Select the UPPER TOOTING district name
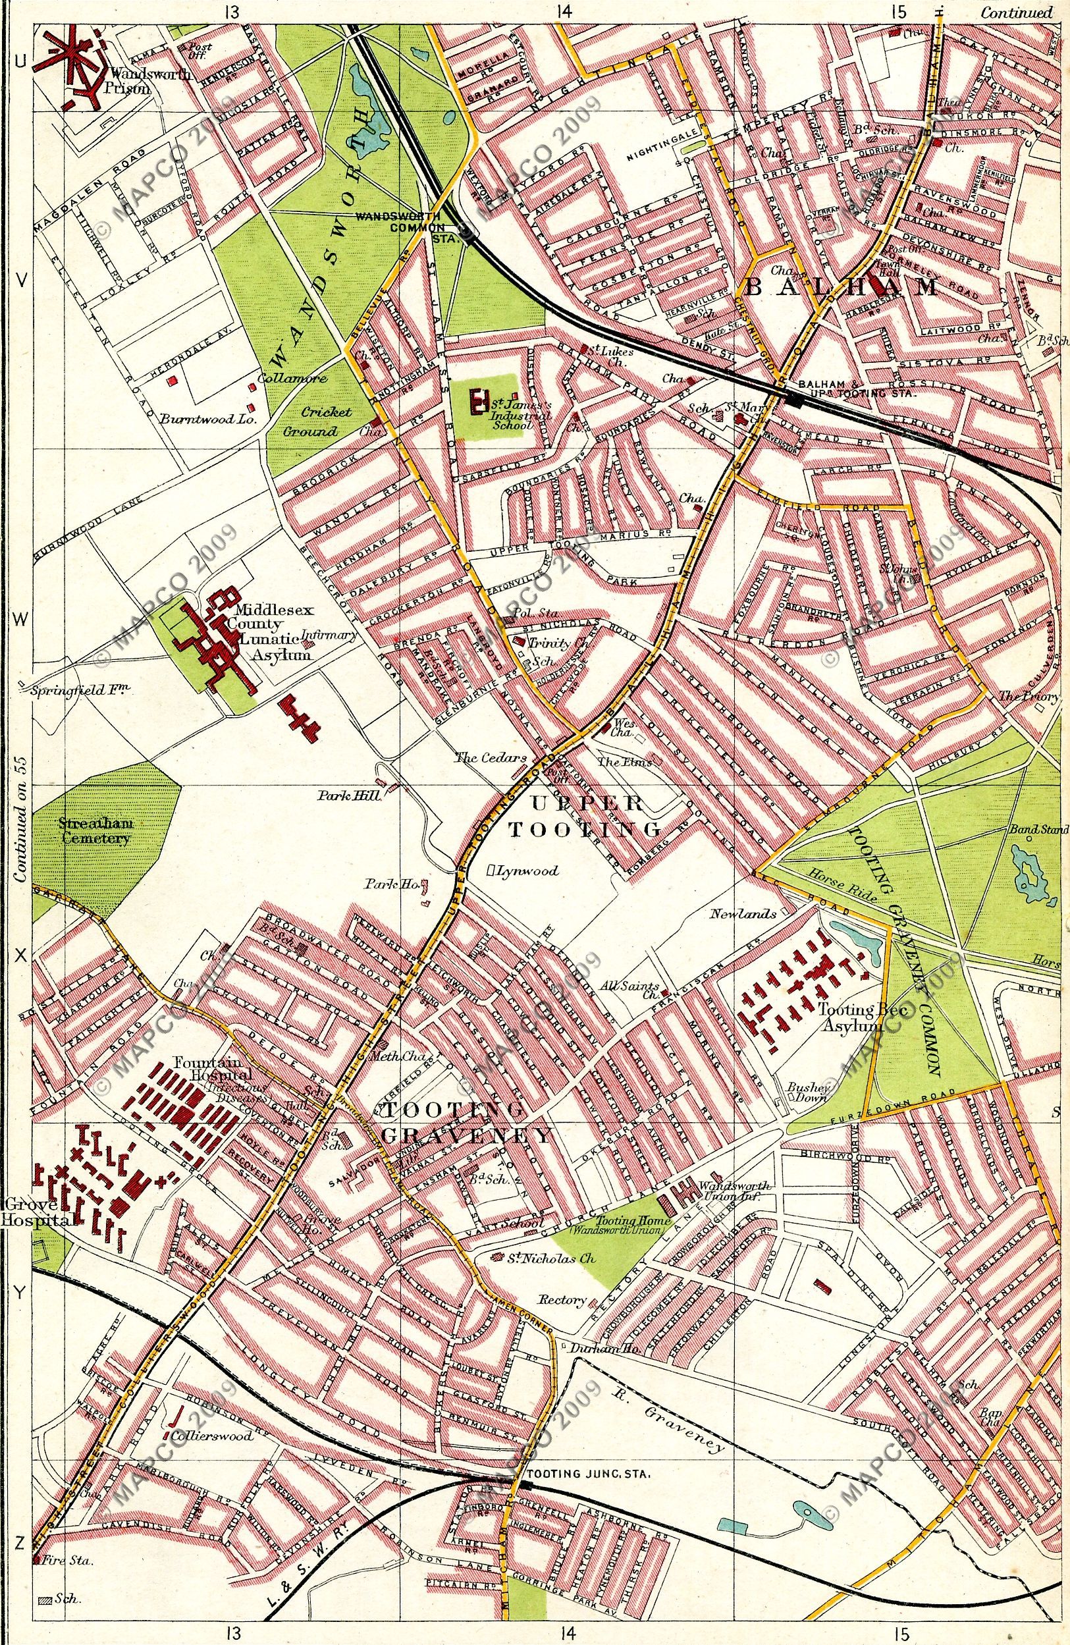click(585, 817)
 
